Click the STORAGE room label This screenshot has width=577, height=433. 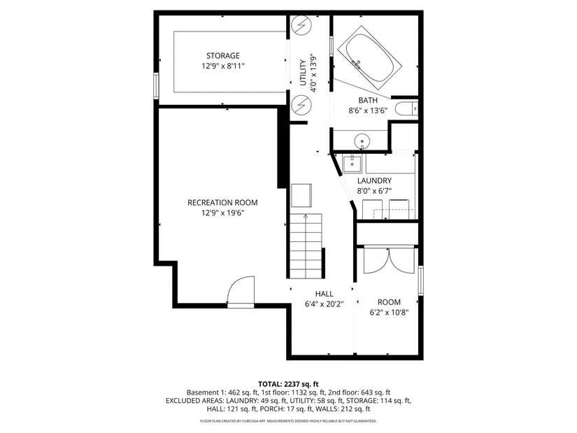point(222,55)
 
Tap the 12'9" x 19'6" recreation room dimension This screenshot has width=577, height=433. point(222,213)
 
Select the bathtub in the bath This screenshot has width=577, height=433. point(369,58)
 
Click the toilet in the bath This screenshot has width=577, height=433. point(406,109)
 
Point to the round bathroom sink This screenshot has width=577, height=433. point(362,141)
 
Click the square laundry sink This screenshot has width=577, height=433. point(352,163)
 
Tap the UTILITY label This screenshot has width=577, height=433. point(303,73)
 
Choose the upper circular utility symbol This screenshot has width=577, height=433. point(301,25)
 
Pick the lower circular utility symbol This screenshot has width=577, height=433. point(301,106)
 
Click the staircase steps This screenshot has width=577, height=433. point(306,246)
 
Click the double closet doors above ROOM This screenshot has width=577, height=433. point(389,261)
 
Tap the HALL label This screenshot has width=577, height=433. point(325,294)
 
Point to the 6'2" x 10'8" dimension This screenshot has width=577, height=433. point(390,313)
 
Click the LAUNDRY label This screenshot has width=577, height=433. point(374,180)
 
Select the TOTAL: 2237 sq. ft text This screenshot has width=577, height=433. point(288,385)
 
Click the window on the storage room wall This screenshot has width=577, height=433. point(156,86)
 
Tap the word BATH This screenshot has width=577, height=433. point(368,100)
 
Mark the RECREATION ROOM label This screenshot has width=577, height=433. point(222,202)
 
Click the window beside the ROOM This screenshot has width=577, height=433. point(421,281)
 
